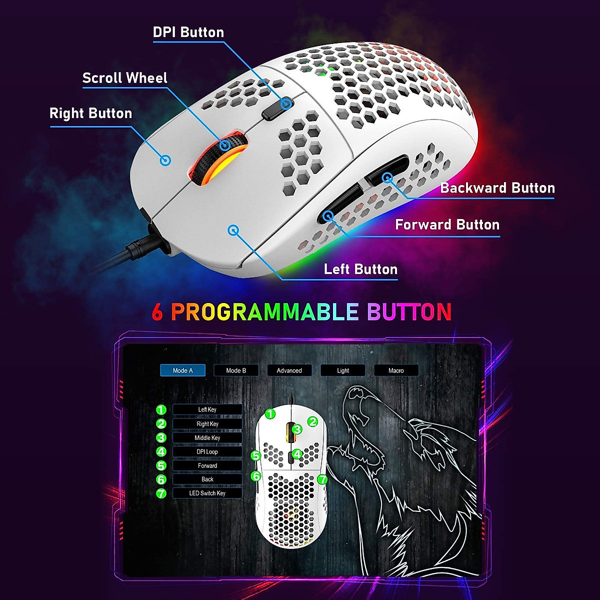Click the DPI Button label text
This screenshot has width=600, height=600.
pyautogui.click(x=188, y=32)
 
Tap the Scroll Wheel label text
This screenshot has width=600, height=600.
pyautogui.click(x=124, y=78)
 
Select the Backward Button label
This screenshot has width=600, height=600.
pyautogui.click(x=497, y=188)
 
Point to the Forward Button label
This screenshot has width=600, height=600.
pyautogui.click(x=447, y=224)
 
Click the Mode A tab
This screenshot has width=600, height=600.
pyautogui.click(x=182, y=370)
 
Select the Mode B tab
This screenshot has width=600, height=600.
pyautogui.click(x=236, y=370)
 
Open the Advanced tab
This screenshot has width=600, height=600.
pyautogui.click(x=289, y=370)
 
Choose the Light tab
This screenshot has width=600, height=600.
pyautogui.click(x=343, y=370)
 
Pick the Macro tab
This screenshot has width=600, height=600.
pyautogui.click(x=396, y=370)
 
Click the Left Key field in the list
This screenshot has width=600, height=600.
pyautogui.click(x=207, y=409)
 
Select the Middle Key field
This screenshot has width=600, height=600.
pyautogui.click(x=207, y=437)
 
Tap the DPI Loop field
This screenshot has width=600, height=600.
pyautogui.click(x=207, y=451)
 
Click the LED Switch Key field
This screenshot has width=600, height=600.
pyautogui.click(x=207, y=493)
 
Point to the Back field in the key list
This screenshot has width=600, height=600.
pyautogui.click(x=207, y=479)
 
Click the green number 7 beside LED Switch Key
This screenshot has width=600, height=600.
pyautogui.click(x=161, y=493)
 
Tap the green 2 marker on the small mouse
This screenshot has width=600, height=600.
pyautogui.click(x=312, y=421)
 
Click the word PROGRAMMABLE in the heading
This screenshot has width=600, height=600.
pyautogui.click(x=264, y=312)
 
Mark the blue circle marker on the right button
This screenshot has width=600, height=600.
pyautogui.click(x=165, y=160)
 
